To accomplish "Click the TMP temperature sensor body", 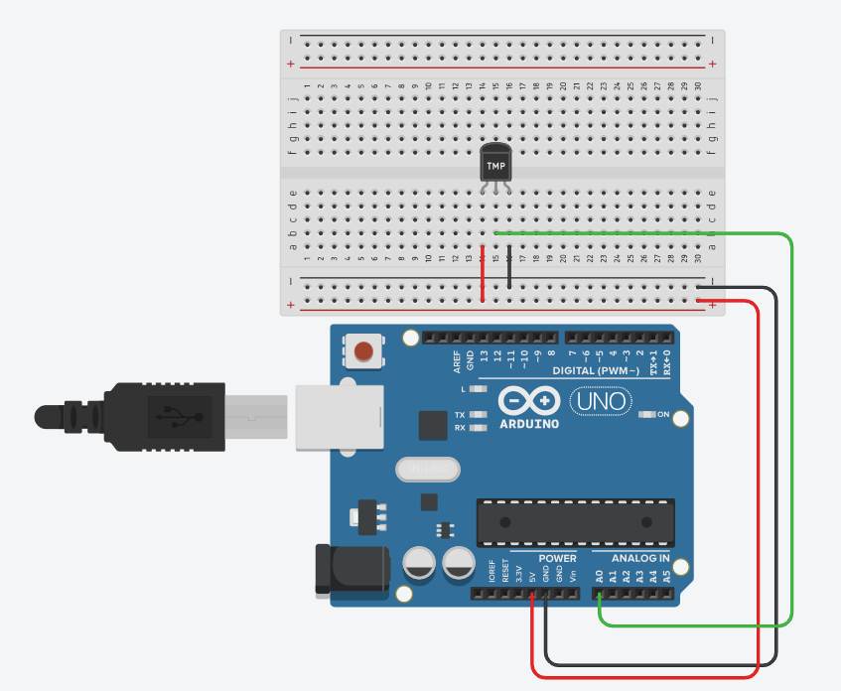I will [x=494, y=162].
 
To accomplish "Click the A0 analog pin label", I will [x=599, y=574].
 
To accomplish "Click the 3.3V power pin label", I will [x=519, y=573].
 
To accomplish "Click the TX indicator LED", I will [x=479, y=415].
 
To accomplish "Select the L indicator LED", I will [x=479, y=388].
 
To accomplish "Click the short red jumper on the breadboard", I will [x=483, y=274].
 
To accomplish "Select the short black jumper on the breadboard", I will [x=509, y=268].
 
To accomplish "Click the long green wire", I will [x=791, y=427].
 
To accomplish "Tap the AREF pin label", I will [x=457, y=362].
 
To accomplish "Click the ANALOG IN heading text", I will [x=633, y=558].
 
